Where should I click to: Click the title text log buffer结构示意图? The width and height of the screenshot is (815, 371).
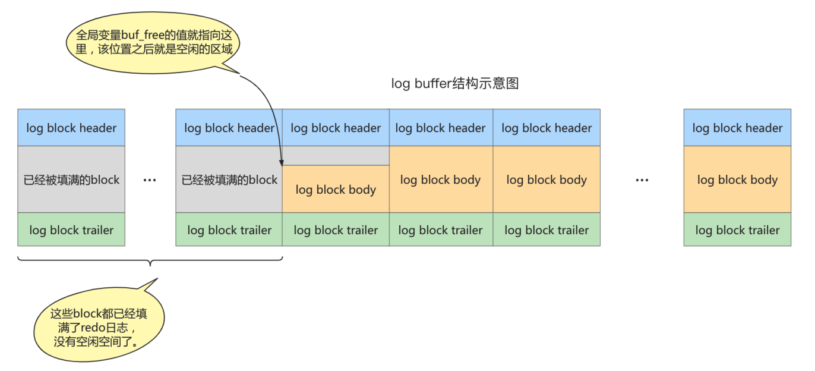455,84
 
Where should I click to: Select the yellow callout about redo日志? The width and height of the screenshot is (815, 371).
98,328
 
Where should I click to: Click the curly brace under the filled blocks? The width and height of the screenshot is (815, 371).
150,260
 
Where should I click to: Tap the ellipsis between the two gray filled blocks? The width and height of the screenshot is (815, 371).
150,180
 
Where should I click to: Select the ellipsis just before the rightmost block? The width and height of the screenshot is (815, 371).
642,180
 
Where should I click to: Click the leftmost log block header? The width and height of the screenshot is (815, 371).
71,128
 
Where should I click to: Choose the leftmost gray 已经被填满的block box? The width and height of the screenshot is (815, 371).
71,180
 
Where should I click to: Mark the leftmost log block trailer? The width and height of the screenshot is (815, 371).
71,230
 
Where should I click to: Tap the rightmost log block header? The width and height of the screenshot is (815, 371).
737,128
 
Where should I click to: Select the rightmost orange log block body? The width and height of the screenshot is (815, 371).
737,180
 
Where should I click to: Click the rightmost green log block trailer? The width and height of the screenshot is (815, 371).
737,230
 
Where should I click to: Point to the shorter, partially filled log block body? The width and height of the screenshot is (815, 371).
336,190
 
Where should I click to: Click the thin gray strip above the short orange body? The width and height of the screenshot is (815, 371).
336,156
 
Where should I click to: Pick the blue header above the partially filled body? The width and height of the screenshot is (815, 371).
336,128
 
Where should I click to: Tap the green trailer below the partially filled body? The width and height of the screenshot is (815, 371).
336,230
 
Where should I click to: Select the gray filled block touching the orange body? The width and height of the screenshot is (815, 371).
229,180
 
